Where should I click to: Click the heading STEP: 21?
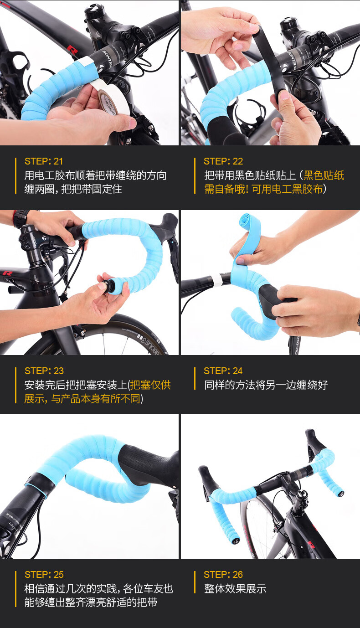[x=44, y=161]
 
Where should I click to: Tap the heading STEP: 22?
[x=223, y=161]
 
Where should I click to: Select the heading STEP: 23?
[x=44, y=371]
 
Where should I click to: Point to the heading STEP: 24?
[x=223, y=371]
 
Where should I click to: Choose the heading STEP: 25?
[x=44, y=575]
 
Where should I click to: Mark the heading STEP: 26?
[x=223, y=575]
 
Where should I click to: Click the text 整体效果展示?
[x=235, y=588]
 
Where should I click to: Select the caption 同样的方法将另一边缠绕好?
[x=266, y=385]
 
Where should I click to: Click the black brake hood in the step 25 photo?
[x=146, y=465]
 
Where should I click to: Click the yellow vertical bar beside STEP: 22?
[x=195, y=175]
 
